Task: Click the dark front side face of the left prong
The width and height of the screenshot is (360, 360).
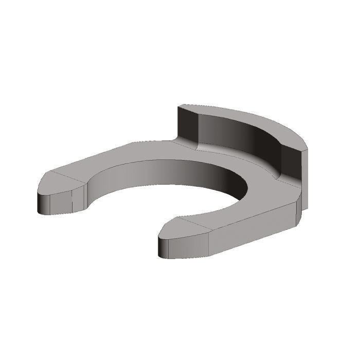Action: (57, 204)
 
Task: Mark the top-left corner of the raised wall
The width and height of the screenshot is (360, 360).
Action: (178, 106)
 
